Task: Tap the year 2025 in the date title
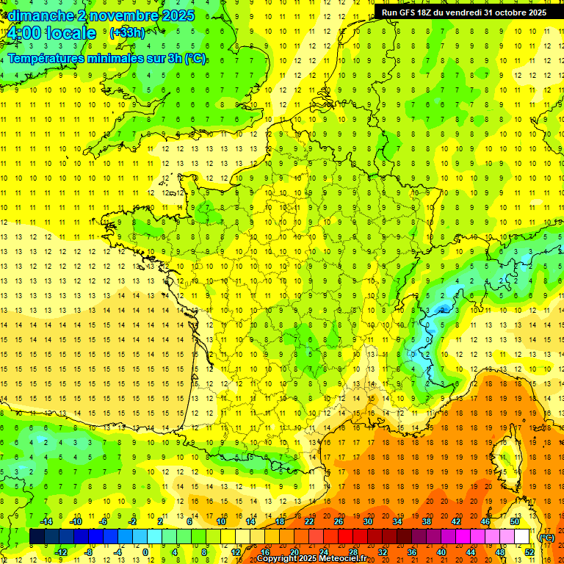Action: (x=178, y=15)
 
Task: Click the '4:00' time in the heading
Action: (x=23, y=33)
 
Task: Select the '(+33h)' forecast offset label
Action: (x=127, y=32)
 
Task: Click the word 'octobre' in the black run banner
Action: (x=504, y=12)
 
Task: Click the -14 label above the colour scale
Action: (x=46, y=521)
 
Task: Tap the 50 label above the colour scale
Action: (x=515, y=521)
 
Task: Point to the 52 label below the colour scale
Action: (x=529, y=552)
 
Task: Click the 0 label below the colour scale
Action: (x=145, y=552)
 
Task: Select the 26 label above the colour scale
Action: (x=339, y=521)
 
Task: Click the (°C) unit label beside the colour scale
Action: (x=547, y=537)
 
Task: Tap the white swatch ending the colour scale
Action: (x=521, y=537)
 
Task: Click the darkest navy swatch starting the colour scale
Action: (x=37, y=537)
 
